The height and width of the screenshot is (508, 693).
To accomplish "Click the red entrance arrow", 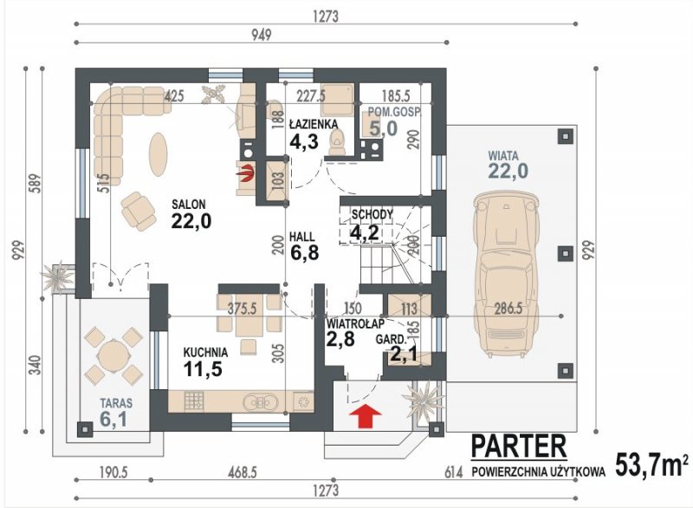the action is coord(366,417).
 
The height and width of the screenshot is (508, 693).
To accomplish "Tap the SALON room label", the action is coord(189,205).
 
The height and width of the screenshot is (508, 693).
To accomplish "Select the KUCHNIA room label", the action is coord(205,352).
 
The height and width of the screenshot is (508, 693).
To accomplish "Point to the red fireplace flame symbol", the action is coord(246,173).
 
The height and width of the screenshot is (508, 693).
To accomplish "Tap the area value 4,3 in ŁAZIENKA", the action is coord(304,142).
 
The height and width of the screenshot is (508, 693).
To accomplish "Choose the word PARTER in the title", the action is coord(518,446).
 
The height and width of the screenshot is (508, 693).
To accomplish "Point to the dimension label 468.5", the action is coord(243,472).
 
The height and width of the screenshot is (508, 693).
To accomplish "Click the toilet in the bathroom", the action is coord(337,142).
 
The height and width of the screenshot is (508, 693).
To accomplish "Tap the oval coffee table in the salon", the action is coord(158,155).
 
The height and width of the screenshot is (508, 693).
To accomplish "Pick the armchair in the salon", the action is coord(139,212).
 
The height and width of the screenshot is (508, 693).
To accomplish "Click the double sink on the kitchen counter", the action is coord(262,402).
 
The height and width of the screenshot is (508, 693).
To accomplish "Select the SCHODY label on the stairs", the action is coord(372,215).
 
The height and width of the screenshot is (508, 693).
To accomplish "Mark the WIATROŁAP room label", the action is coord(355,323).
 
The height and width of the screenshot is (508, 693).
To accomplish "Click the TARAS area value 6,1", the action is coord(113,419).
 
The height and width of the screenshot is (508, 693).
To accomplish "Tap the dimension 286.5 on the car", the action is coord(508,309).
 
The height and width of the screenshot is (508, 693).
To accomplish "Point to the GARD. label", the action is coord(391,340).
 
